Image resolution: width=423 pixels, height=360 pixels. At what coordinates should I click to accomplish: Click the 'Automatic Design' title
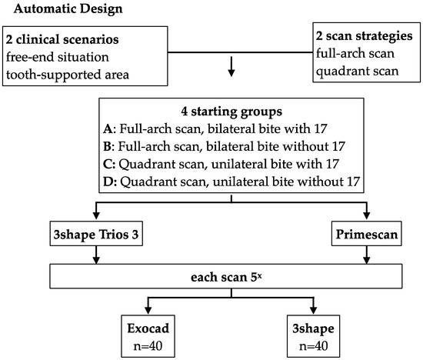coord(68,9)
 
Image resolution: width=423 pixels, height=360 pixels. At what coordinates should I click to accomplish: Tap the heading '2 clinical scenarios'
coord(62,39)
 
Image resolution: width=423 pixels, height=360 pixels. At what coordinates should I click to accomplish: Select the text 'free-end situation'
coord(58,57)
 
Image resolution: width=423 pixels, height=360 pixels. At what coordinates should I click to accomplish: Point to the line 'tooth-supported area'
coord(68,75)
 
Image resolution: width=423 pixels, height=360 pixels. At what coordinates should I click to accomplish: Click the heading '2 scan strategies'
coord(365,36)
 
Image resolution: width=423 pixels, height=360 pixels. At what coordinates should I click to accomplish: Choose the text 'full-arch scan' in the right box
coord(355,53)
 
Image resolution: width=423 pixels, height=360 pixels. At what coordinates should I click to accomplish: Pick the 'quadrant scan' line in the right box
coord(357,71)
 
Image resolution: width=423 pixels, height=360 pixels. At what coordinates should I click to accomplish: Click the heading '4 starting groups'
coord(231,112)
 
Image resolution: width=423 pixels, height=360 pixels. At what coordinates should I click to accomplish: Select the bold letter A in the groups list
coord(108,128)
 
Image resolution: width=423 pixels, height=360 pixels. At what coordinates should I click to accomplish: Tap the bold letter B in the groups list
coord(107,146)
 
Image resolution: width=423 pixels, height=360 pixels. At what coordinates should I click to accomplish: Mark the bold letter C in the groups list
coord(108,164)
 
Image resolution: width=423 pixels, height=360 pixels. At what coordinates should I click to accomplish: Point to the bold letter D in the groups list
coord(108,182)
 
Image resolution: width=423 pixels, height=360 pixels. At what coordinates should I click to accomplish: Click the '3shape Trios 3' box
coord(96,234)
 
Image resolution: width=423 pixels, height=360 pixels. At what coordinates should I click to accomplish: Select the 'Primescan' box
coord(367,234)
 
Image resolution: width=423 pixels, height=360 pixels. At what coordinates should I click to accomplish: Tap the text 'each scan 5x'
coord(226,277)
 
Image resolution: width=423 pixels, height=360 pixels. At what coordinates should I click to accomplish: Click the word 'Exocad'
coord(148,328)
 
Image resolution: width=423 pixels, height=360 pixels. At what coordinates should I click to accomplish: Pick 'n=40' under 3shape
coord(314,346)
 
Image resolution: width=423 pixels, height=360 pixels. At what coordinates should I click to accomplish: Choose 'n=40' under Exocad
coord(148,346)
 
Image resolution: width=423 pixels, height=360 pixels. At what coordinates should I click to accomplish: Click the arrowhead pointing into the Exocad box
coord(148,310)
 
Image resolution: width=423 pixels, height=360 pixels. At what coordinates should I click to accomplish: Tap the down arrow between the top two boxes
coord(231,66)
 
